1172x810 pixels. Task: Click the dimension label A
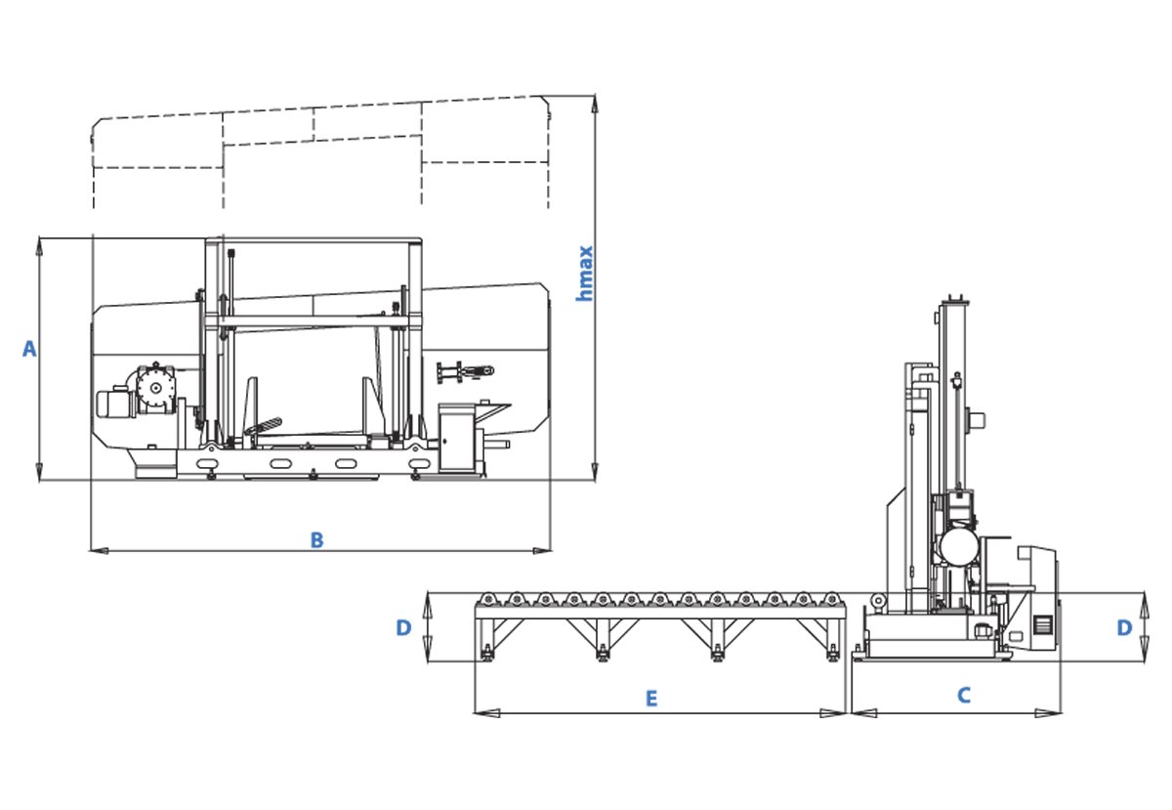tap(29, 349)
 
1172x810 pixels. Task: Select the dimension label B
tap(316, 539)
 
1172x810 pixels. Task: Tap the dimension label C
tap(964, 696)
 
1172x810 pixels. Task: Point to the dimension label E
tap(650, 699)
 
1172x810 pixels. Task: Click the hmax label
tap(584, 274)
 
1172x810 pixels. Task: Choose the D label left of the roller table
tap(403, 627)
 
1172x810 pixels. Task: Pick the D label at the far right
tap(1124, 627)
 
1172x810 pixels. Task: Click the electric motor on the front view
tap(115, 404)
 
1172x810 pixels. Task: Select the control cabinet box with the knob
tap(456, 440)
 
